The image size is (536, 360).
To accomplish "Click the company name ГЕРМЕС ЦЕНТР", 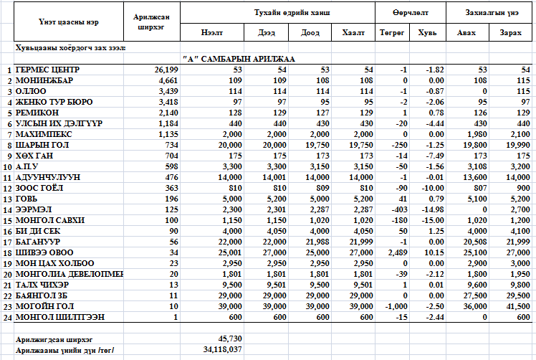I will (x=47, y=70).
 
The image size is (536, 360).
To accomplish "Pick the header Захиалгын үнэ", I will (x=491, y=12).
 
